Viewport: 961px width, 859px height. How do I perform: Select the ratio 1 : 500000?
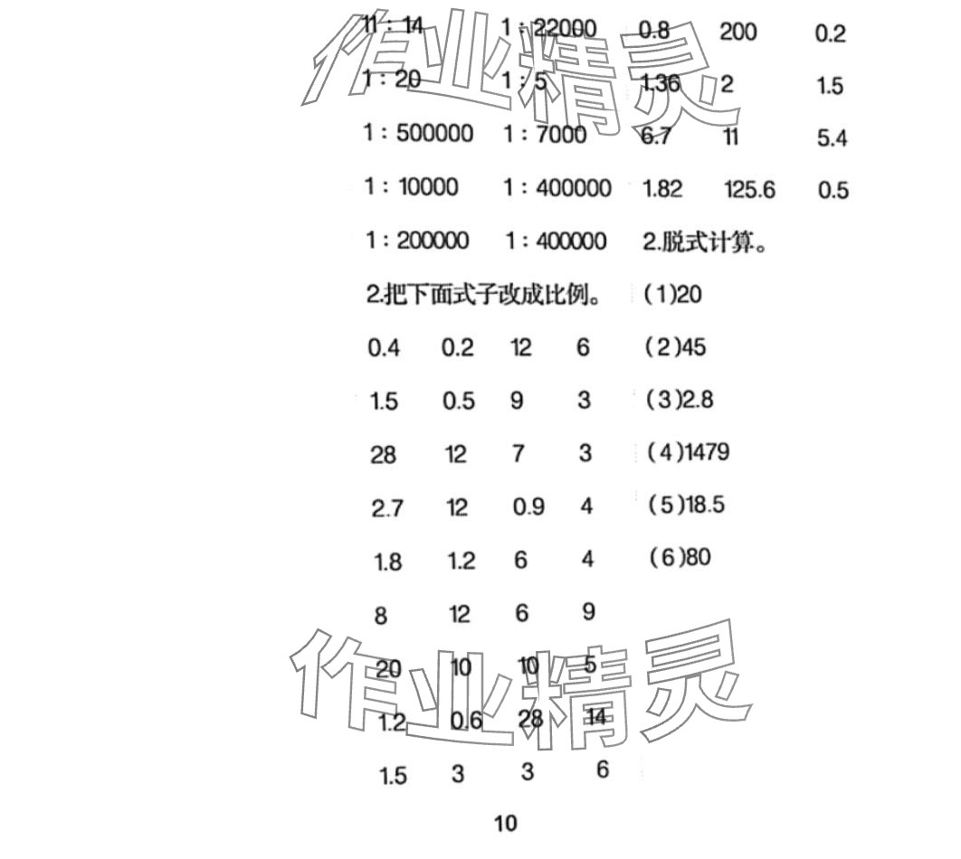[418, 134]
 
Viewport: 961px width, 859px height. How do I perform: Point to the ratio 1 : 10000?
[411, 187]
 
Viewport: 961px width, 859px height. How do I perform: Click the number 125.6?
[750, 189]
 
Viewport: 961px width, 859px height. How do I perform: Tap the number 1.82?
[661, 189]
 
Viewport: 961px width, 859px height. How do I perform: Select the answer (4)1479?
[689, 451]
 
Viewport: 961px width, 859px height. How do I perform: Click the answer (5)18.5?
[687, 504]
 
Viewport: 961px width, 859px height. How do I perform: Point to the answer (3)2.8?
[680, 399]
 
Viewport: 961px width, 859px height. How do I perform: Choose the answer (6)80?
[680, 556]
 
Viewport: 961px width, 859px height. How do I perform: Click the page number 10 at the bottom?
[506, 824]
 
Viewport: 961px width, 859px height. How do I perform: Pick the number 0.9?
[528, 507]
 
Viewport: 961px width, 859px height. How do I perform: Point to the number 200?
[738, 33]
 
